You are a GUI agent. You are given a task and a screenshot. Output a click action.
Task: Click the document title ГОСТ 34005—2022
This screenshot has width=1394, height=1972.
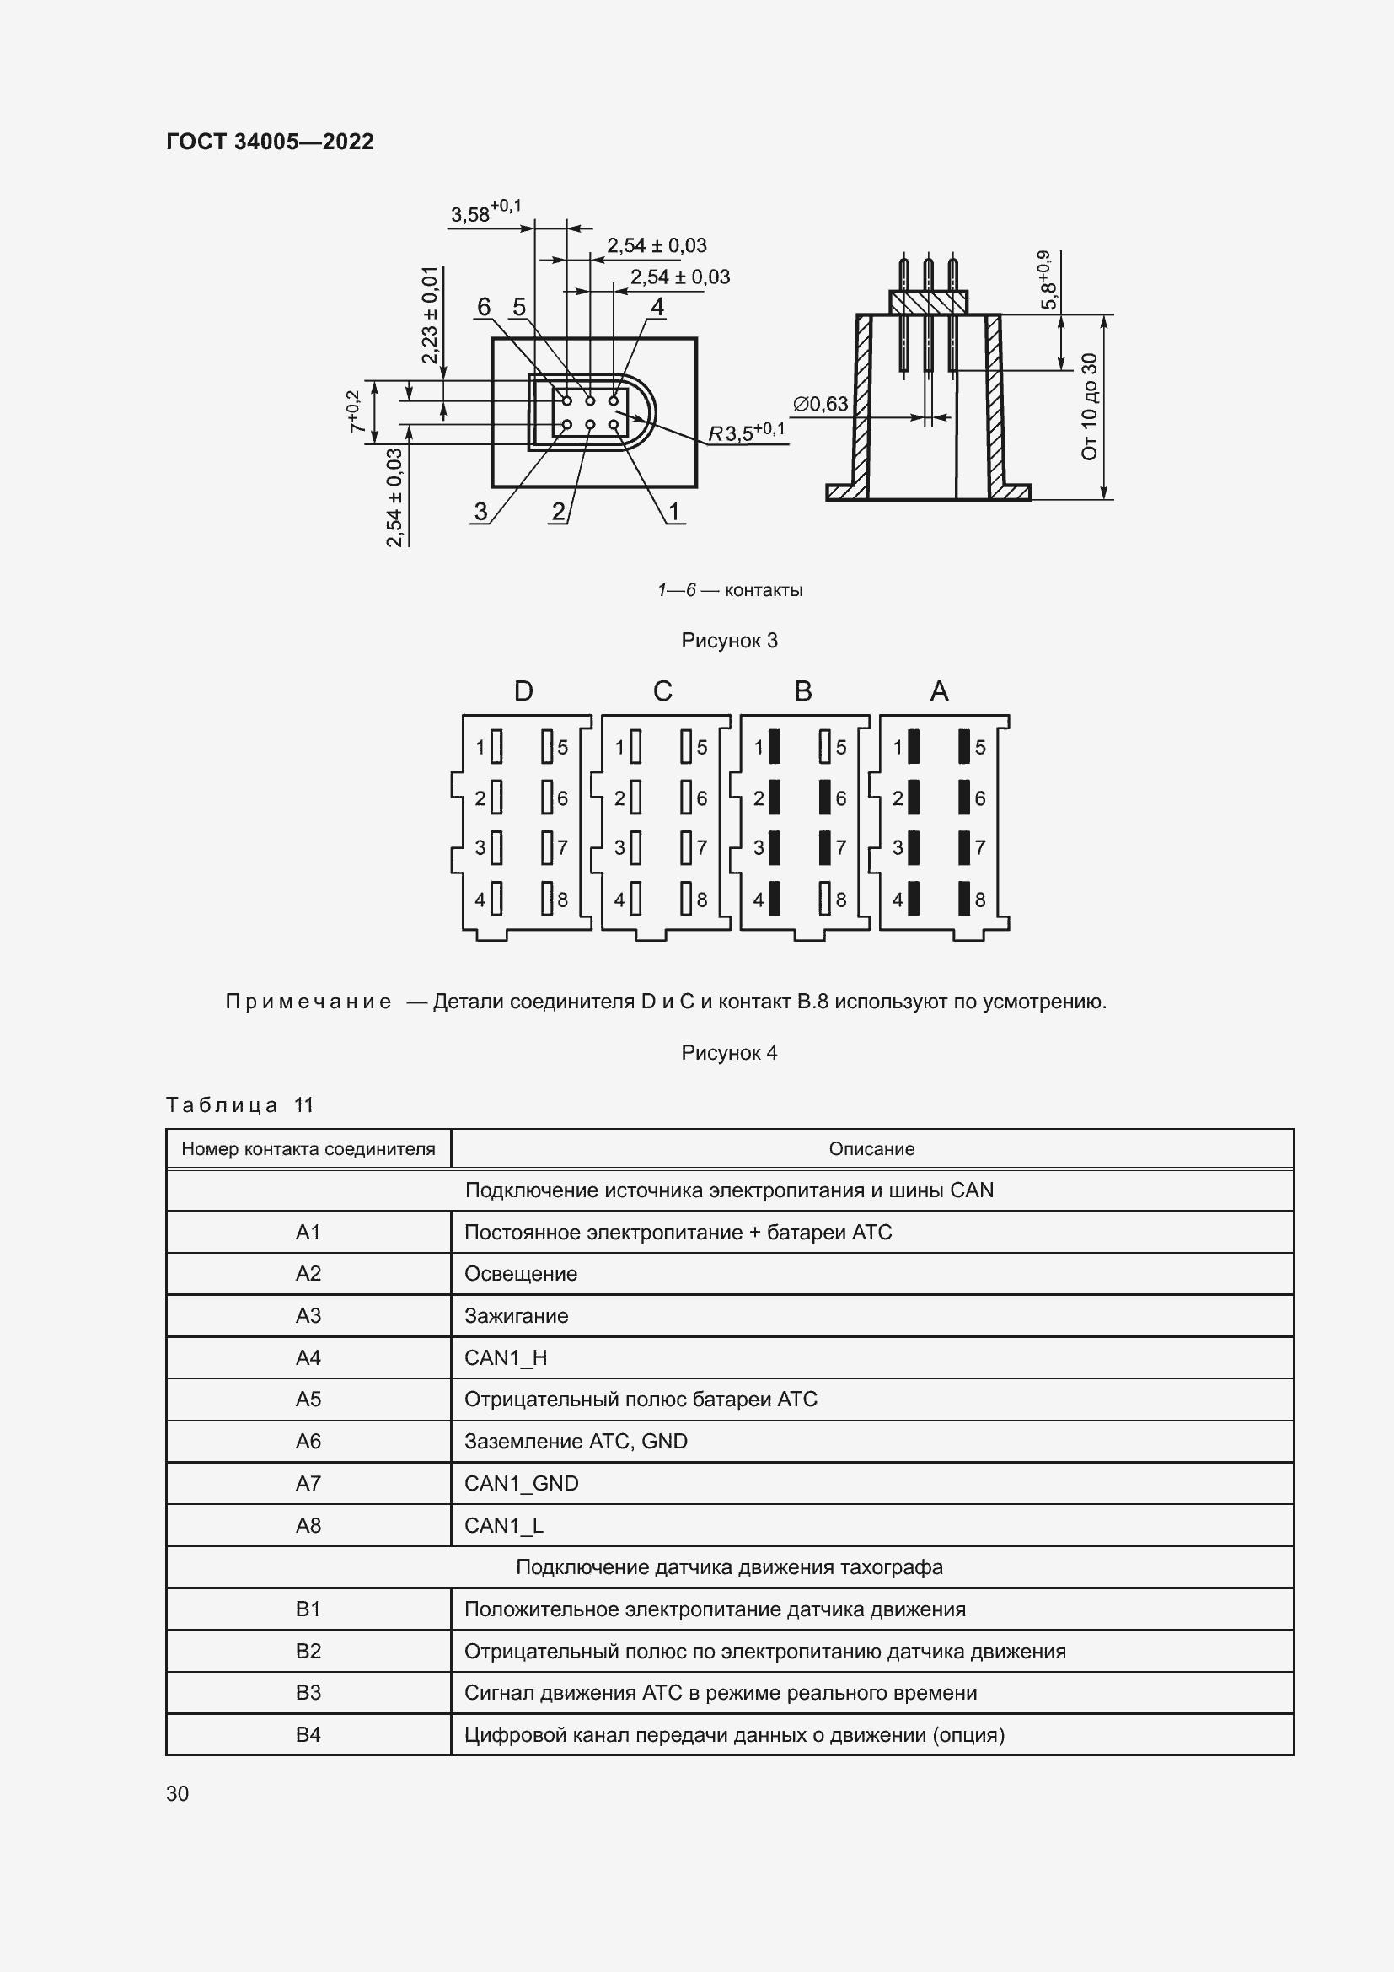point(270,142)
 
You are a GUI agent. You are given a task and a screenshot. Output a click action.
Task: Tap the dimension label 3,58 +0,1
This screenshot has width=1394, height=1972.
point(485,212)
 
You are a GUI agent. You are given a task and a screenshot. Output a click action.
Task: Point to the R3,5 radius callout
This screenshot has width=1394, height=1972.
point(745,432)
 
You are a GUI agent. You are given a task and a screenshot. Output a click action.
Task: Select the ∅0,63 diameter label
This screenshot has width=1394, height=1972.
point(820,404)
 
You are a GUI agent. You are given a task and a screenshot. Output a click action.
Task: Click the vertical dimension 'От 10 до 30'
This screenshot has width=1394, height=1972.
point(1089,406)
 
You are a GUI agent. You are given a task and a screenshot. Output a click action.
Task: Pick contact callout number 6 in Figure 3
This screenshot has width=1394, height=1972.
point(483,307)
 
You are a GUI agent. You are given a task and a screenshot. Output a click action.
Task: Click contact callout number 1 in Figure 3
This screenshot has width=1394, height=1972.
point(674,512)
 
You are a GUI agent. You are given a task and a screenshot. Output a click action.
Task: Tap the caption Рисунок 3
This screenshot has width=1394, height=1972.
point(729,640)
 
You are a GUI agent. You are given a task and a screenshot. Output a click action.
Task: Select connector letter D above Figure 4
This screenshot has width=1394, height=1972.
point(523,690)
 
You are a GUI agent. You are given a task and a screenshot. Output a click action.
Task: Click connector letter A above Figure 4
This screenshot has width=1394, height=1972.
point(939,690)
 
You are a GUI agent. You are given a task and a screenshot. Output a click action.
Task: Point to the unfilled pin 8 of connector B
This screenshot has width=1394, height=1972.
point(825,899)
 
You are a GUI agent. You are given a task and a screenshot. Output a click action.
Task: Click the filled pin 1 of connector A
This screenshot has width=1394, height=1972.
point(914,746)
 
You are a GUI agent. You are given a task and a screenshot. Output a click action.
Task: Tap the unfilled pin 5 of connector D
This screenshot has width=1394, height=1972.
point(547,746)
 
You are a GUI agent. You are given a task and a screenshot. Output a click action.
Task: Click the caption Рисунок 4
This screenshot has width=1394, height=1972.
point(729,1052)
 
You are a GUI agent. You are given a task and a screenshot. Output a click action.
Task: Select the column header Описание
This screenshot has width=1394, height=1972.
point(871,1148)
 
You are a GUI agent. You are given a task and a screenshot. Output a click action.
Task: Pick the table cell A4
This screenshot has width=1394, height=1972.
point(308,1358)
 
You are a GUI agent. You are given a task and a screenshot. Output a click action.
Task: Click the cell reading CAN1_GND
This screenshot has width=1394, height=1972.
point(521,1483)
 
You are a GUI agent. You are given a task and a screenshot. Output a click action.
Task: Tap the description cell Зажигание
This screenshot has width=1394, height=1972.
point(516,1316)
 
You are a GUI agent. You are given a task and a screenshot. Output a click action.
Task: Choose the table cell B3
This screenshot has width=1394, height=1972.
point(308,1693)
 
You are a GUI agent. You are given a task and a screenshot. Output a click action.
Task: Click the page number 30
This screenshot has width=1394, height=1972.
point(178,1793)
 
